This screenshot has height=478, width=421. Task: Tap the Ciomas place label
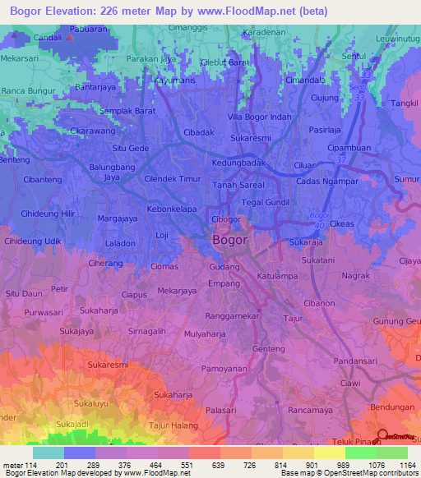(x=164, y=266)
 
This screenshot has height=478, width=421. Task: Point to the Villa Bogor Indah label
(x=260, y=116)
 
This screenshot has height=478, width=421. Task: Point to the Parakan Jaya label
(x=152, y=60)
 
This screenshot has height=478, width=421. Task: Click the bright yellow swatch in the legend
(x=329, y=453)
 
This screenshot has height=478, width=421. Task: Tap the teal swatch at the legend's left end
(x=49, y=453)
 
